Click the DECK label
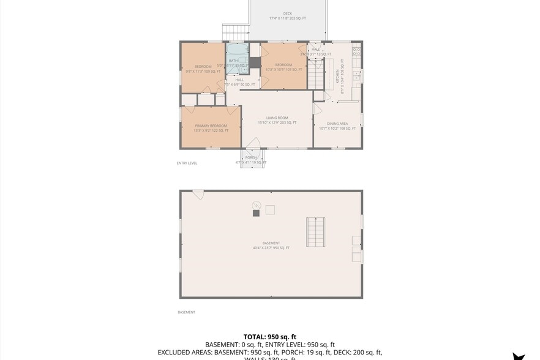[x=287, y=13]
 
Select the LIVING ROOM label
[x=277, y=118]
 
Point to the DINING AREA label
[x=337, y=124]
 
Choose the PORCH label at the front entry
[x=250, y=157]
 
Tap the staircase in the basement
[x=316, y=232]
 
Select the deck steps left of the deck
[x=234, y=32]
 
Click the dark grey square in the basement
[x=257, y=212]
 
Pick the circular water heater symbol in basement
[x=257, y=204]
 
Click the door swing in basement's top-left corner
[x=198, y=194]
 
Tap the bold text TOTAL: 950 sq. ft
[x=269, y=337]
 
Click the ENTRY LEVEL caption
[x=187, y=163]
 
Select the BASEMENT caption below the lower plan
[x=186, y=312]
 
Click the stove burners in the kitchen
[x=356, y=52]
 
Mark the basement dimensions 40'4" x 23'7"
[x=271, y=248]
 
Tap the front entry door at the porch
[x=253, y=144]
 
